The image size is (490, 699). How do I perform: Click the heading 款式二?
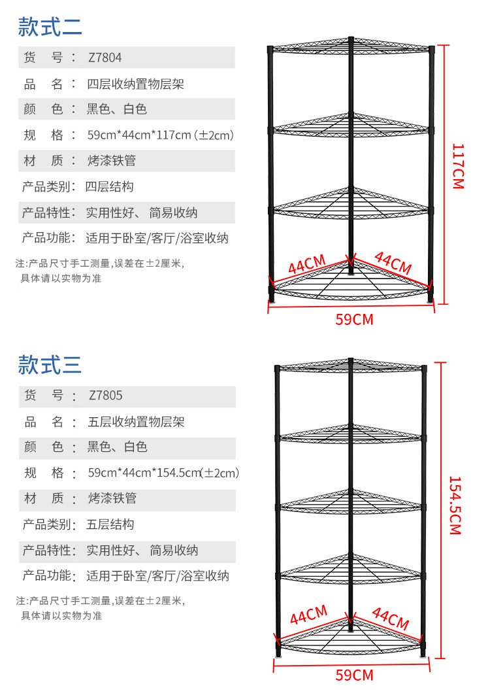(50, 27)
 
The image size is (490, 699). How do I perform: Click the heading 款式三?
(50, 364)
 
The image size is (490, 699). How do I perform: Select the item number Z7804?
(105, 58)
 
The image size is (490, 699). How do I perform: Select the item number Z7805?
(105, 396)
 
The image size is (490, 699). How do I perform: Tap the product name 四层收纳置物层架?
(135, 84)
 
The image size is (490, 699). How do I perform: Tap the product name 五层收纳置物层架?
(136, 422)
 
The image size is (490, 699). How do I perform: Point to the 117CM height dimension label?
(457, 166)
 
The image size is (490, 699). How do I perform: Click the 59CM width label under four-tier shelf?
(354, 320)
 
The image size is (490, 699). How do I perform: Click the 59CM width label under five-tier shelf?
(354, 675)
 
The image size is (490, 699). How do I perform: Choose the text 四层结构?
(110, 187)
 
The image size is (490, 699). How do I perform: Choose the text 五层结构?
(110, 524)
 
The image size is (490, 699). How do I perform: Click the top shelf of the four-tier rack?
(350, 46)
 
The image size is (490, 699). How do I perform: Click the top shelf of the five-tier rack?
(351, 366)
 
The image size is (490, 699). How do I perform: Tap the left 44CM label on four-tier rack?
(306, 265)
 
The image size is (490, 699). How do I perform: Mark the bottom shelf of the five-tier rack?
(351, 638)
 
